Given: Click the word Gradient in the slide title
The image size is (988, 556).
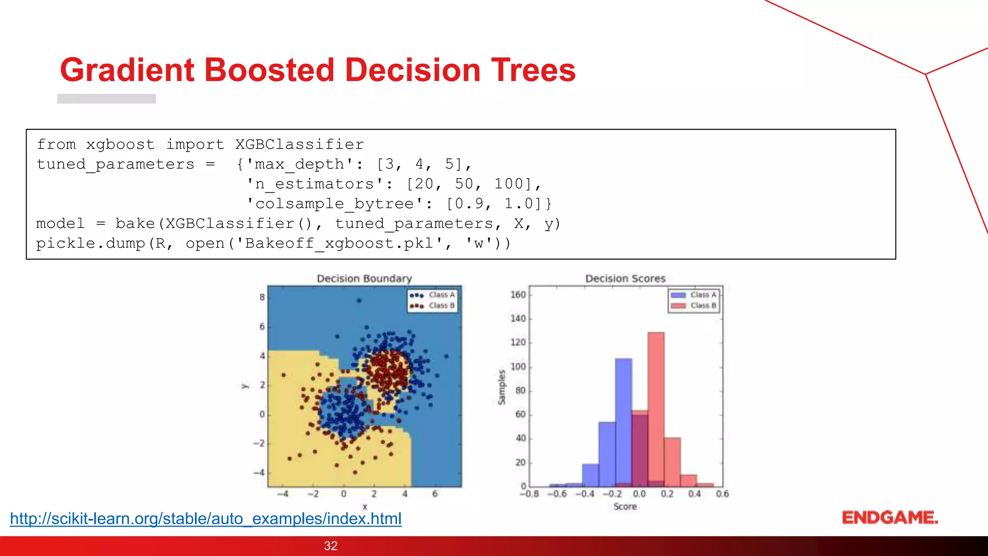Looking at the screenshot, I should [x=127, y=70].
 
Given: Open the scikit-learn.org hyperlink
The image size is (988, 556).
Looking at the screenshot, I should [x=206, y=519].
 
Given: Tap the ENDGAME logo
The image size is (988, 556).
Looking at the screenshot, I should [x=890, y=518].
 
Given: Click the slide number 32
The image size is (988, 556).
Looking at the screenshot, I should [x=330, y=546].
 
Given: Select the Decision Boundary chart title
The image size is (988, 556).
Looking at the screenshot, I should [x=364, y=278].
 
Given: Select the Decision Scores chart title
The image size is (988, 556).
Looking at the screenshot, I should [x=625, y=278].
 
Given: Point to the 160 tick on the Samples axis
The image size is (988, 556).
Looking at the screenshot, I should [x=518, y=294].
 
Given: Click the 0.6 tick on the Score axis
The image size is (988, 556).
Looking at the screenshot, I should [x=722, y=494].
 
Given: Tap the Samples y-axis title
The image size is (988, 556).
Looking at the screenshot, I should [x=502, y=387].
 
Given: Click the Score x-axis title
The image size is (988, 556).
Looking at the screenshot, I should [x=625, y=506].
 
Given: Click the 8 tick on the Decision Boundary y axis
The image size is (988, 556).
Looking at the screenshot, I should [x=262, y=297].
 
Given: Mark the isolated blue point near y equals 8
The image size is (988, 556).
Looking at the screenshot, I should [x=359, y=300].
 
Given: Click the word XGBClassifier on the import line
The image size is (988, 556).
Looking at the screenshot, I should [x=300, y=144].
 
